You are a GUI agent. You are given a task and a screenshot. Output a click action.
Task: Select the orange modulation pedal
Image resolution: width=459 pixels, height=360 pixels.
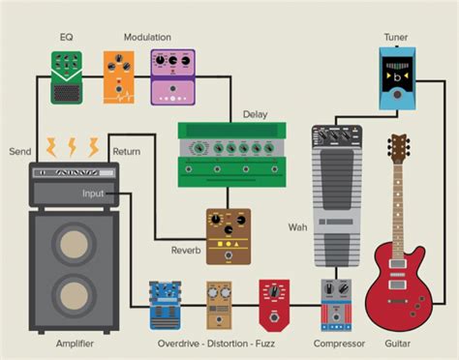coord(121,78)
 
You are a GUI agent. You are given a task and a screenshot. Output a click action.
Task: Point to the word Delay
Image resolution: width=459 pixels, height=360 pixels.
coord(255,114)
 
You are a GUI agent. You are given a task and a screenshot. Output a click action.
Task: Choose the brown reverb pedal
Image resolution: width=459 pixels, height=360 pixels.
coord(228,236)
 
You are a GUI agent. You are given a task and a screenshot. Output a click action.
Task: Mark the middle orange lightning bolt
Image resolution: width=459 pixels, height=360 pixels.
coord(72,148)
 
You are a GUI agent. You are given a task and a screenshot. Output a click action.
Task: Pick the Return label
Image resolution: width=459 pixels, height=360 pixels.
coord(127,152)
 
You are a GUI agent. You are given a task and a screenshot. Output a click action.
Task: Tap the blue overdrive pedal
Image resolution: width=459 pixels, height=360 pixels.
coord(166,304)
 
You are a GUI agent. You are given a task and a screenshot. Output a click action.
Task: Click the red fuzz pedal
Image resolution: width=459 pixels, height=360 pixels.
coord(273,303)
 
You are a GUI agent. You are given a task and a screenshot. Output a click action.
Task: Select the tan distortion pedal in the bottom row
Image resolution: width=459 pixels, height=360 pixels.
coord(219,304)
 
